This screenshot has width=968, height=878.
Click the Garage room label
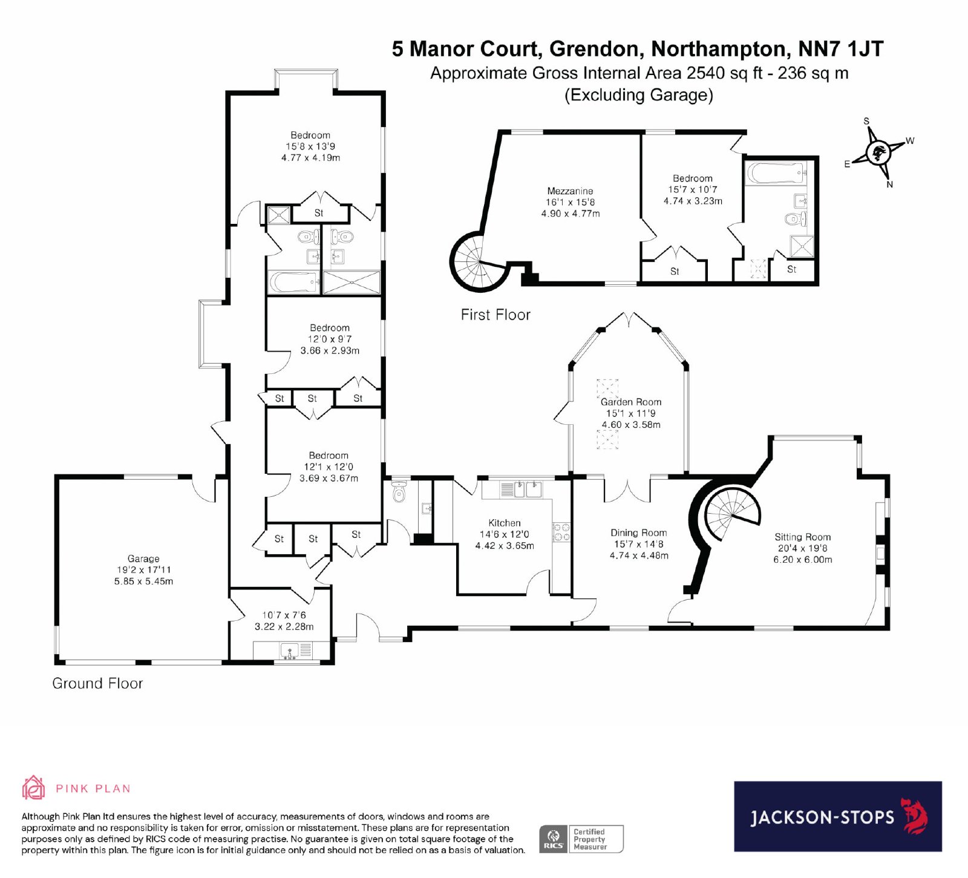coord(143,559)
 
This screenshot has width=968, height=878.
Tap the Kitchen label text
coord(505,523)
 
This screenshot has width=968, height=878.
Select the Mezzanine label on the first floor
coord(570,191)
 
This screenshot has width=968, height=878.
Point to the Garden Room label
coord(631,402)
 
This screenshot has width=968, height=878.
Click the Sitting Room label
coord(803,537)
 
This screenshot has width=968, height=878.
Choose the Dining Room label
coord(639,532)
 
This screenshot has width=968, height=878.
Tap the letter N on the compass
coord(889,185)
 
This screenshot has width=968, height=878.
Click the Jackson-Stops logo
coord(838,816)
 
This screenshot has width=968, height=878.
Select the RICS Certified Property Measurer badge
coord(581,839)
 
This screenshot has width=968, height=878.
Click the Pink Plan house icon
coord(34,788)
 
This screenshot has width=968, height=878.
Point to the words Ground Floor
coord(97,683)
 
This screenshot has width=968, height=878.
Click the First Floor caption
coord(495,315)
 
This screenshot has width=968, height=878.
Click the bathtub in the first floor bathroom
coord(776,173)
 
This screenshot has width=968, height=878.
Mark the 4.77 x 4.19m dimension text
coord(310,157)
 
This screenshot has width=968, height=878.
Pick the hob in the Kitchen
coord(561,532)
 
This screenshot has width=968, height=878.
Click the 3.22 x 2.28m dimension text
coord(284,627)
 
